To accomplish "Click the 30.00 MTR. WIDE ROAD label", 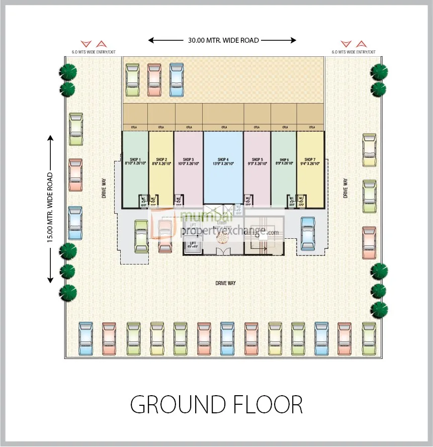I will tap(223, 40).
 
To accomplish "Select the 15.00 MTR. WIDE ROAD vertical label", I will tap(50, 208).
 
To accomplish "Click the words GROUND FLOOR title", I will tap(216, 404).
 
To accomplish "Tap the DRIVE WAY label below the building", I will tap(225, 283).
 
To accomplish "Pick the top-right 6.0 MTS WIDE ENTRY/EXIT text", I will tap(353, 52).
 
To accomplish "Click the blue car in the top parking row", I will tap(177, 79).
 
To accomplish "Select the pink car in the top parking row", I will tap(154, 79).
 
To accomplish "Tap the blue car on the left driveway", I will tap(75, 222).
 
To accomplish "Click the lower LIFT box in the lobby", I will tap(193, 246).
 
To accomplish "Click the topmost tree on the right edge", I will tap(378, 72).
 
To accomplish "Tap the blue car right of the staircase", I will tap(308, 233).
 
